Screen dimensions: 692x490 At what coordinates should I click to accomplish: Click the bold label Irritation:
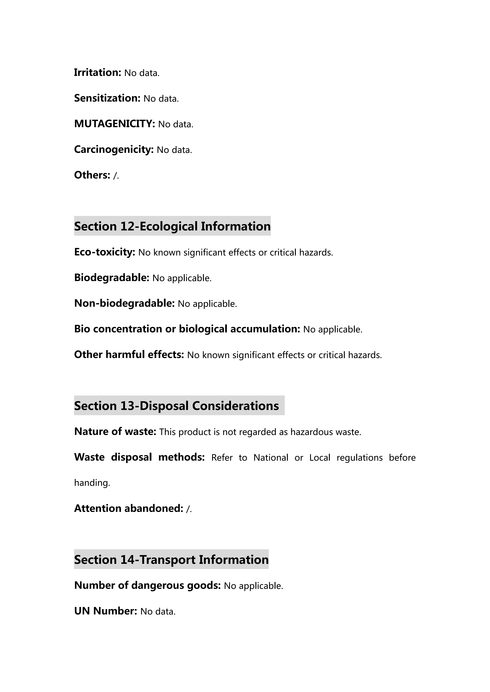point(97,73)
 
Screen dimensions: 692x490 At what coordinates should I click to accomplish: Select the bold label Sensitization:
point(107,98)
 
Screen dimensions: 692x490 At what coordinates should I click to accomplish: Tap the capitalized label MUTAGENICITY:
point(114,124)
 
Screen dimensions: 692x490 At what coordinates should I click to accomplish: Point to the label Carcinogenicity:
point(114,149)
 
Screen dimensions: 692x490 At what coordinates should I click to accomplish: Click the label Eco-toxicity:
point(105,252)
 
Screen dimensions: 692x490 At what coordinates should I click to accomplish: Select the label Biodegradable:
point(112,278)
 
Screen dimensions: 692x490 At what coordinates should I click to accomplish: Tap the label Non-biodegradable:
point(124,303)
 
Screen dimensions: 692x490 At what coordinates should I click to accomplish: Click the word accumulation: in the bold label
point(265,329)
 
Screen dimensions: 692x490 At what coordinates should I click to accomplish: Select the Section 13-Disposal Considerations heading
point(177,406)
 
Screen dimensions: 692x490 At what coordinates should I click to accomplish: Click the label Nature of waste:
point(115,432)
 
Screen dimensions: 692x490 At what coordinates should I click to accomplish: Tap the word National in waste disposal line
point(271,458)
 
